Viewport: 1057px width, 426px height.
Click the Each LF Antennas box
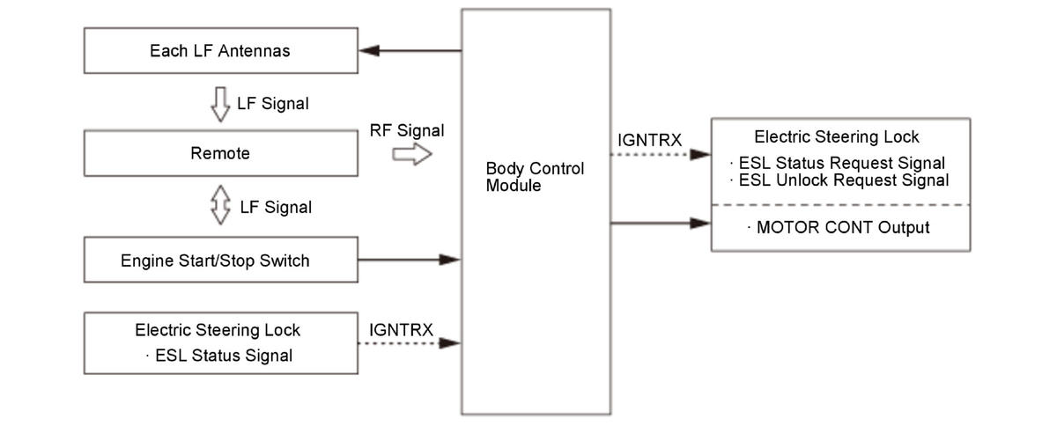click(x=220, y=51)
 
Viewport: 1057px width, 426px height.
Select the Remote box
click(x=220, y=154)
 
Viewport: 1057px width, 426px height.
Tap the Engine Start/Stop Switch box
click(x=220, y=261)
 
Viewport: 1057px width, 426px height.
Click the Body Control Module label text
click(x=535, y=177)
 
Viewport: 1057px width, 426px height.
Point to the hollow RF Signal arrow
click(x=411, y=155)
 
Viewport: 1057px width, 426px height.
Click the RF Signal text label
click(x=407, y=131)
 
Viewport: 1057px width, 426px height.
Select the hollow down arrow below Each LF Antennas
click(x=219, y=103)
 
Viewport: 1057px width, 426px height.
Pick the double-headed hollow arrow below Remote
click(x=219, y=207)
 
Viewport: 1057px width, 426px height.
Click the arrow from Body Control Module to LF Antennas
click(x=410, y=51)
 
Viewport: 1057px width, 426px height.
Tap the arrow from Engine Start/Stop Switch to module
click(x=410, y=260)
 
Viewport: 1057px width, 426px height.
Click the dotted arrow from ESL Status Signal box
click(x=410, y=343)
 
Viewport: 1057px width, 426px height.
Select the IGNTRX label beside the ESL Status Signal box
click(x=402, y=329)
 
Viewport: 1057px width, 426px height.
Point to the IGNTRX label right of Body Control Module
click(x=651, y=139)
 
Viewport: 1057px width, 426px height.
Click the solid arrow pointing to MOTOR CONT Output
click(x=661, y=224)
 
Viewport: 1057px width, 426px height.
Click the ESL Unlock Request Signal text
click(x=843, y=180)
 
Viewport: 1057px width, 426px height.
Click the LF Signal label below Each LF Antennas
click(x=273, y=104)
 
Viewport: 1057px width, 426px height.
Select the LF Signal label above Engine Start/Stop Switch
click(x=275, y=208)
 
